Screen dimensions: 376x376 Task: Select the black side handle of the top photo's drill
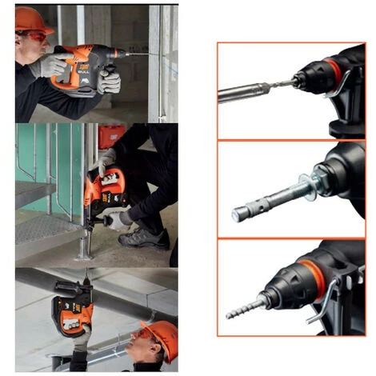(x=107, y=80)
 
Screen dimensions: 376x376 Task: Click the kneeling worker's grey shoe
(x=146, y=238)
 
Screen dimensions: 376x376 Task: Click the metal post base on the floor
(x=83, y=252)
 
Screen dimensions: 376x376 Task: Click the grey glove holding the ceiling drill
(x=82, y=335)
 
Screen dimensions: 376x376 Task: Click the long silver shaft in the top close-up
(x=244, y=91)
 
